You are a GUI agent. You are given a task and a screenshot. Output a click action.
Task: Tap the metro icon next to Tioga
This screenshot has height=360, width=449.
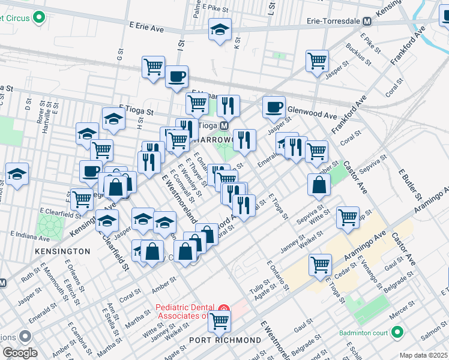coord(223,126)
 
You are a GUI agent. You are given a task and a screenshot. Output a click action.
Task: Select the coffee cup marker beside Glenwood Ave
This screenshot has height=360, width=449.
coord(274,107)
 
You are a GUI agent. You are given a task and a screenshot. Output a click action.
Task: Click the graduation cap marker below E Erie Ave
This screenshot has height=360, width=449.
coord(220,29)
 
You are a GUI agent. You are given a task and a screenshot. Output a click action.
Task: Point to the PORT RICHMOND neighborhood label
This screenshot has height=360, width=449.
coord(225,340)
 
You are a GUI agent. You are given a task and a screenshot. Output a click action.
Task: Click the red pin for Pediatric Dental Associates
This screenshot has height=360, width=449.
coord(223,310)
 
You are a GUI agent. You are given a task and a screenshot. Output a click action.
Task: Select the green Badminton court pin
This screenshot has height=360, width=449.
coord(397,332)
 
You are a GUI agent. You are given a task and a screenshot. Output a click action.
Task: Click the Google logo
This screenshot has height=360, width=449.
coord(19,353)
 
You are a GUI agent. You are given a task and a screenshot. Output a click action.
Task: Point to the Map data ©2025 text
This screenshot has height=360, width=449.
coord(423,355)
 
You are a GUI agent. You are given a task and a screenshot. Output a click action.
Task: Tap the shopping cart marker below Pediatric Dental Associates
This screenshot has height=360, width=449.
coord(219,321)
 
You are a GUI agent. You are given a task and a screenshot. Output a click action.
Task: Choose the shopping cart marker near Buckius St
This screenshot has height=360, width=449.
coord(317,61)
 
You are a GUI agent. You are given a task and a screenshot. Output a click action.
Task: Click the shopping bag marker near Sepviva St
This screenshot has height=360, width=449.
coord(319,186)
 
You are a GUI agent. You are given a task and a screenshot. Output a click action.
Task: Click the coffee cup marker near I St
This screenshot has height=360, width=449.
coord(176,77)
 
